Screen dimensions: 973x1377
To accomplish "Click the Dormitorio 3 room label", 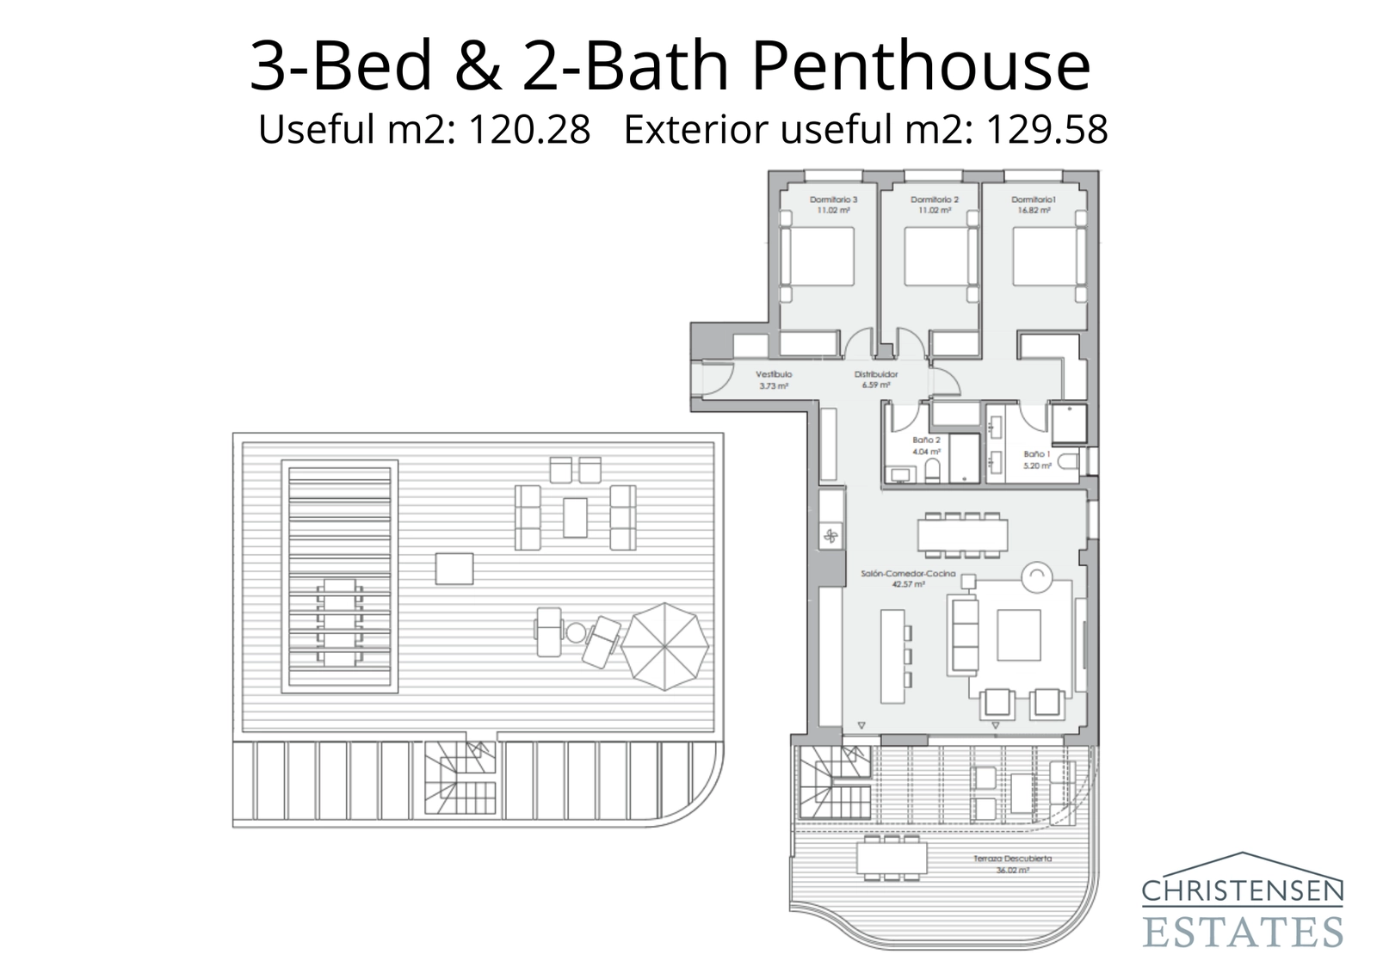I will pyautogui.click(x=833, y=204).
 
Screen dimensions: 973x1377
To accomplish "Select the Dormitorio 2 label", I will pyautogui.click(x=934, y=204).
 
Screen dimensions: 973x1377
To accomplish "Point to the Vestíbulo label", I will pyautogui.click(x=773, y=379).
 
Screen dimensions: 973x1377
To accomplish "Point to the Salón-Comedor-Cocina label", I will pyautogui.click(x=896, y=578).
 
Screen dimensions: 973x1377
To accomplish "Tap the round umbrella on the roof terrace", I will pyautogui.click(x=664, y=645).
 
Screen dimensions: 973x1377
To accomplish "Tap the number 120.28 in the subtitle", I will pyautogui.click(x=528, y=130).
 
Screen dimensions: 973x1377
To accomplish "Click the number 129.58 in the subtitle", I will pyautogui.click(x=1046, y=130).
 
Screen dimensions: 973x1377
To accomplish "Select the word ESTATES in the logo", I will pyautogui.click(x=1242, y=931).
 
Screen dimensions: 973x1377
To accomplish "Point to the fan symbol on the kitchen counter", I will pyautogui.click(x=831, y=538).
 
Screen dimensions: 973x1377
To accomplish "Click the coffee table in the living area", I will pyautogui.click(x=1018, y=635).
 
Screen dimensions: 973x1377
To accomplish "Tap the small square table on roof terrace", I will pyautogui.click(x=454, y=569).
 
